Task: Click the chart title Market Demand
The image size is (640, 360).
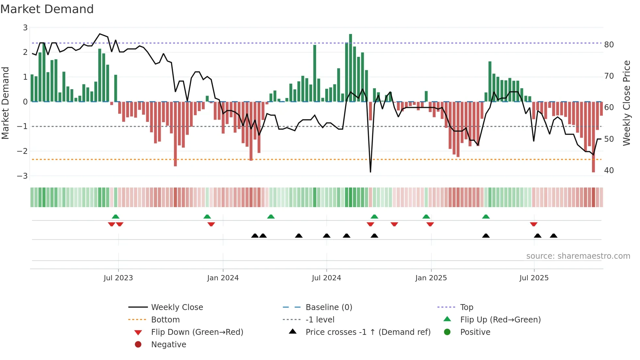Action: [47, 9]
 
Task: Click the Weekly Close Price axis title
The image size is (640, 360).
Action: [626, 103]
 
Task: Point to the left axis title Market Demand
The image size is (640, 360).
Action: [5, 103]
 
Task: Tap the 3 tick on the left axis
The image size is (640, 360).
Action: [25, 28]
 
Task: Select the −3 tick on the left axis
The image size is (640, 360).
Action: [23, 176]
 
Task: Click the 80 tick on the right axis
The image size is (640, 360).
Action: [609, 45]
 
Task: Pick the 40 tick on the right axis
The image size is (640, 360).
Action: [609, 171]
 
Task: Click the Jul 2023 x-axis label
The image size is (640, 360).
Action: [118, 278]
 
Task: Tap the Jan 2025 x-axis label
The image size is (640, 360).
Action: [431, 278]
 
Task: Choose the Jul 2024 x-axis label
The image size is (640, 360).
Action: [326, 278]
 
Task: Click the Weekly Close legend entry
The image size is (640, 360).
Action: [177, 307]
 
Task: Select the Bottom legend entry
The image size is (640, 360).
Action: [165, 320]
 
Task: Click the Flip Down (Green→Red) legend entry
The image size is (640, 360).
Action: [197, 332]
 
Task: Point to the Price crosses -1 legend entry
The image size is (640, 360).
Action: [368, 332]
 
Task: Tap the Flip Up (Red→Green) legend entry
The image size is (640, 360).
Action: [500, 320]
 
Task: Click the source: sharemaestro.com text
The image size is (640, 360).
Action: [578, 256]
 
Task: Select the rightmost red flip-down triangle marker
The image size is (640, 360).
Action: [534, 224]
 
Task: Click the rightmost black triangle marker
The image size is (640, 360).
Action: [553, 236]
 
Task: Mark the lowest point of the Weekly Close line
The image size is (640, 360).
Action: [370, 172]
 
